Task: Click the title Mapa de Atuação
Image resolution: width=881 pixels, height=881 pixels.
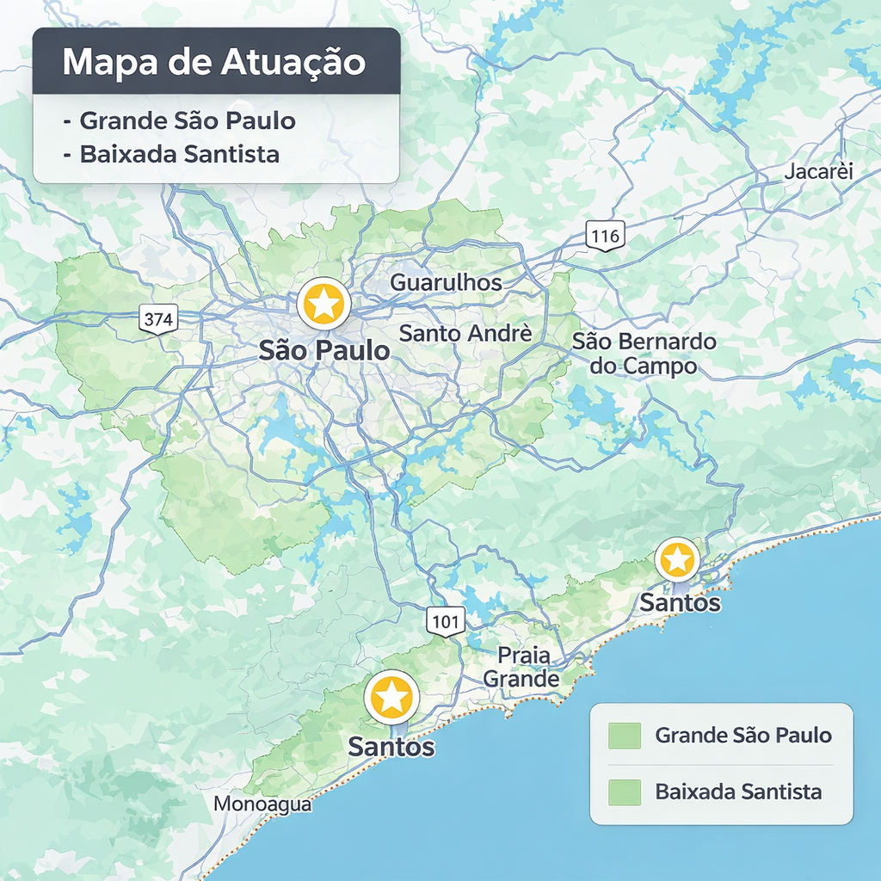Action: (x=214, y=62)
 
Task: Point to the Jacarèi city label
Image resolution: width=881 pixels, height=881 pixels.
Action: (x=818, y=171)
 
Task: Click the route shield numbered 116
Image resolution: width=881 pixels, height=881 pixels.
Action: (x=605, y=235)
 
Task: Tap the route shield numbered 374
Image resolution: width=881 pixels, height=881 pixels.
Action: (x=158, y=319)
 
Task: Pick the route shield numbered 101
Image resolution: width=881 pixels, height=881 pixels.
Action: (x=446, y=619)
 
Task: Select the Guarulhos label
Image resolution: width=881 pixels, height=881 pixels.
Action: (x=446, y=282)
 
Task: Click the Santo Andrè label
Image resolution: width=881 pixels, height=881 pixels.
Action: (x=465, y=333)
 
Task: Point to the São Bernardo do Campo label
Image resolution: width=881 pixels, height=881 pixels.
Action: (x=644, y=354)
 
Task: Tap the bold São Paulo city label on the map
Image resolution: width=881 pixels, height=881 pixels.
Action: (x=324, y=351)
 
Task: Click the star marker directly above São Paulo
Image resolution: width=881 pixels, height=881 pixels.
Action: (x=323, y=304)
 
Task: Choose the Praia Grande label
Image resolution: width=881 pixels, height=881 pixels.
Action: (x=522, y=667)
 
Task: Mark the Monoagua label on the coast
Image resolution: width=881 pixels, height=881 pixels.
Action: (x=262, y=804)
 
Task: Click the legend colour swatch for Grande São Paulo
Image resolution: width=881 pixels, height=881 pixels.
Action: (x=624, y=736)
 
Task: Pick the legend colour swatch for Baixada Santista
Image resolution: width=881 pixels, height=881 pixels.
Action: (x=624, y=792)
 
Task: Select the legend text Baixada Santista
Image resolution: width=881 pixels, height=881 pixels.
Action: (x=738, y=792)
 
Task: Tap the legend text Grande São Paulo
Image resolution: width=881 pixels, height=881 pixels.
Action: (x=743, y=736)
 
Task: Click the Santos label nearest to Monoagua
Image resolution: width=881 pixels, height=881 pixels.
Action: (x=391, y=747)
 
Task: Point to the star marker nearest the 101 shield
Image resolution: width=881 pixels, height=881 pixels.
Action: (x=391, y=697)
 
